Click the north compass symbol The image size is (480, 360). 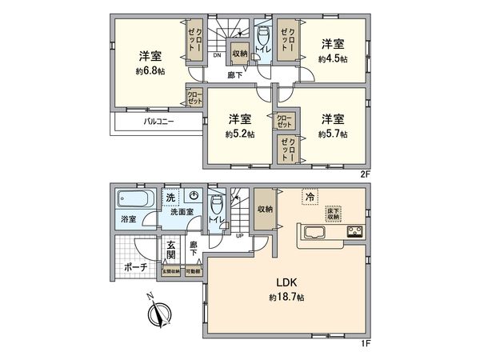(x=162, y=313)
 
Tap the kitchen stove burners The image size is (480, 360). (x=354, y=234)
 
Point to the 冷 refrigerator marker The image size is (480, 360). (x=309, y=195)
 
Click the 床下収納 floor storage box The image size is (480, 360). (x=333, y=214)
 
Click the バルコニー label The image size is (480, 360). (x=160, y=123)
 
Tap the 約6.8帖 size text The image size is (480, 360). (x=148, y=70)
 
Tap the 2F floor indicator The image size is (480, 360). (x=364, y=171)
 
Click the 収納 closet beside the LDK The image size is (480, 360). (x=265, y=209)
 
